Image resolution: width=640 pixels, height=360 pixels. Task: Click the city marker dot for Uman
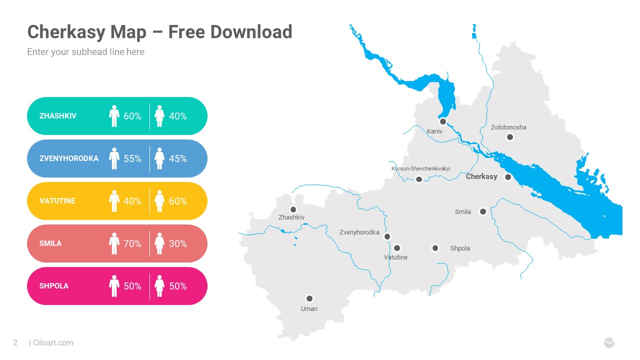[x=309, y=298]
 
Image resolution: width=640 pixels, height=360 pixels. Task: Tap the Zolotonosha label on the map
[x=508, y=127]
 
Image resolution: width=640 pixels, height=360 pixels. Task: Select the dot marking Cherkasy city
[x=508, y=176]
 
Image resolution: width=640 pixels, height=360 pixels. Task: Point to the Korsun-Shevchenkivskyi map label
[x=420, y=168]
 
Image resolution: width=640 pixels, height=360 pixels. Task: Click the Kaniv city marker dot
[x=442, y=121]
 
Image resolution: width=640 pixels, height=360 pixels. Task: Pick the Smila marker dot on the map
[x=483, y=211]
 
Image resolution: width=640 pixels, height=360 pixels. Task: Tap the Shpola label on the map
[x=460, y=248]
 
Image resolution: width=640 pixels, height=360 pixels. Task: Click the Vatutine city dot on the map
[x=397, y=247]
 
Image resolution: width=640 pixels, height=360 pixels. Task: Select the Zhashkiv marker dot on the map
[x=293, y=209]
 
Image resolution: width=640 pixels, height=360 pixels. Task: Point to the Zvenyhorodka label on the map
[x=359, y=232]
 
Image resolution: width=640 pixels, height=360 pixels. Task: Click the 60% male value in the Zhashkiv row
[x=132, y=116]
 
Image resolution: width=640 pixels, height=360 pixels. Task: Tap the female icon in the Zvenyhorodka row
[x=159, y=158]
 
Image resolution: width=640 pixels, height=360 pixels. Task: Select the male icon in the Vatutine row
[x=114, y=201]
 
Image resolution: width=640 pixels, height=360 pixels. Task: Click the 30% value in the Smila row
[x=178, y=243]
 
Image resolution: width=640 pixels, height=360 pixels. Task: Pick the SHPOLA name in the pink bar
[x=54, y=286]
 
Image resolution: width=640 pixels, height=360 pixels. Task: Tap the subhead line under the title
[x=85, y=51]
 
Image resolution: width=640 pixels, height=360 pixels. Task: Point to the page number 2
[x=15, y=342]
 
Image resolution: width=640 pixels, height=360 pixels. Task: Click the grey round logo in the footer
[x=609, y=342]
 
